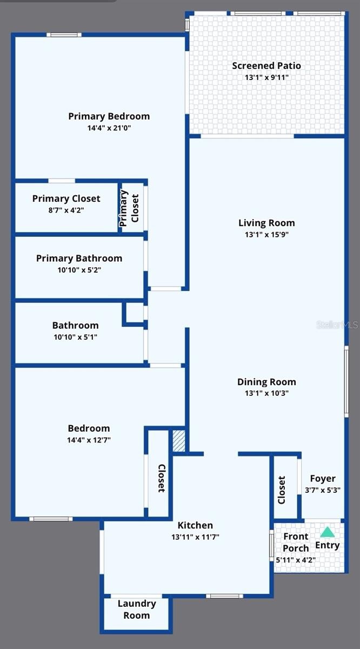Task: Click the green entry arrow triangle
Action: tap(327, 532)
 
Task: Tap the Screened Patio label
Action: tap(266, 66)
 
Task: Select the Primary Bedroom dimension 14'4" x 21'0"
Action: tap(109, 128)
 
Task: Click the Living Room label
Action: tap(266, 223)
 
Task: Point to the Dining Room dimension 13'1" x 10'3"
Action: tap(266, 393)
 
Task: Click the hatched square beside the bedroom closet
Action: tap(179, 441)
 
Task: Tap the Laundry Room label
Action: tap(137, 610)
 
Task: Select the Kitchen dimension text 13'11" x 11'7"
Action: tap(195, 537)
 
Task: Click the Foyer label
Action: tap(323, 478)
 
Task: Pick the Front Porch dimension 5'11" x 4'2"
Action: tap(296, 560)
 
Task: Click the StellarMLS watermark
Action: tap(337, 325)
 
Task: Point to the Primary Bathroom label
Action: tap(79, 258)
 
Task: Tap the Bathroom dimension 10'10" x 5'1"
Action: tap(75, 337)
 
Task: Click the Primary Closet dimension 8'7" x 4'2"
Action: tap(66, 210)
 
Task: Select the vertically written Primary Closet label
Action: tap(129, 208)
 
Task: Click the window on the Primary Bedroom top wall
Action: tap(64, 35)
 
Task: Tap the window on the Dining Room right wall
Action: tap(346, 381)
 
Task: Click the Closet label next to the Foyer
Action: tap(282, 489)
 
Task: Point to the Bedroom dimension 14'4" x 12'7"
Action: tap(89, 440)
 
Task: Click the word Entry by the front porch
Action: tap(327, 545)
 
